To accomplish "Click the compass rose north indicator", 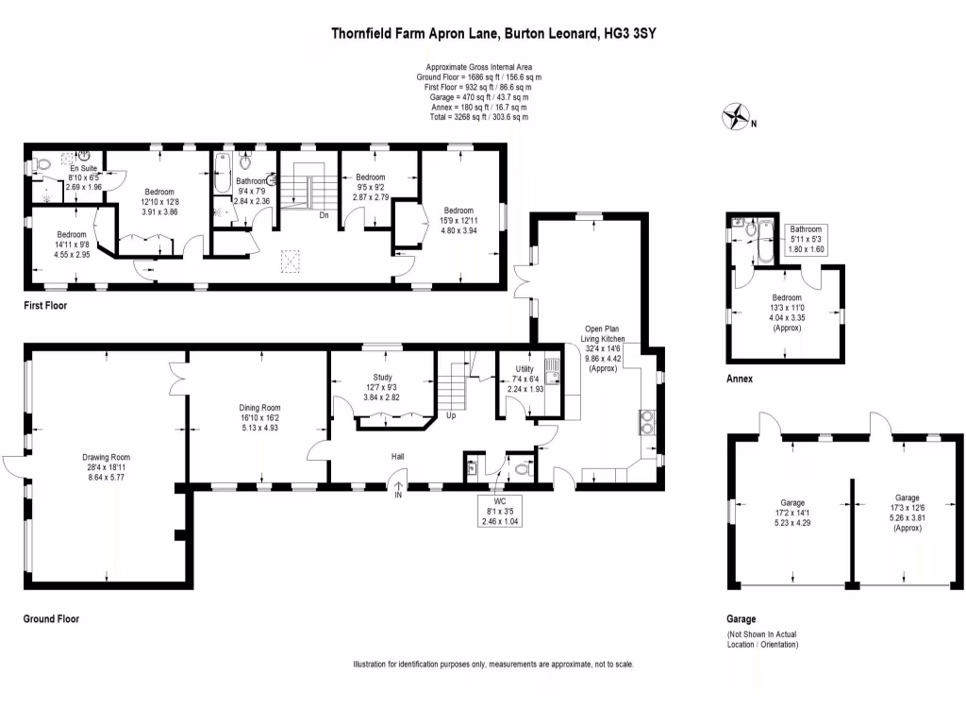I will point(736,119).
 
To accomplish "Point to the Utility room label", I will point(525,369).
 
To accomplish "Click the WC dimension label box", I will point(500,511).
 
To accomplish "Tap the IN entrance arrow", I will point(398,489).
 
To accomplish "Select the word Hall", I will point(398,457).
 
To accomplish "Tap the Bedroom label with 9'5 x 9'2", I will point(370,177).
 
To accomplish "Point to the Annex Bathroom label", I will point(806,229).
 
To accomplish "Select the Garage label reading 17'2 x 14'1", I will point(791,503).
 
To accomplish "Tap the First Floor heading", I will point(45,306).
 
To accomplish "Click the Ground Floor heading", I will point(51,619).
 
